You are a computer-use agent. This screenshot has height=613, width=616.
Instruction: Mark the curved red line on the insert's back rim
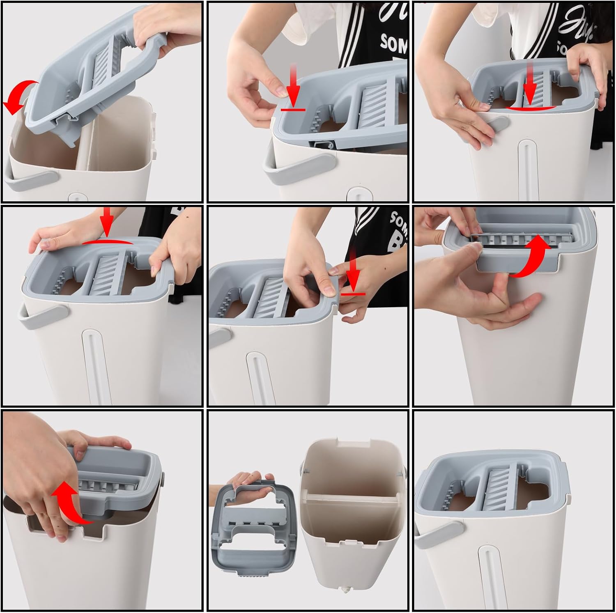(x=108, y=242)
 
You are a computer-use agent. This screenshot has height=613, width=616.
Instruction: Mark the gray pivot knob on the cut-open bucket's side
(x=163, y=477)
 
